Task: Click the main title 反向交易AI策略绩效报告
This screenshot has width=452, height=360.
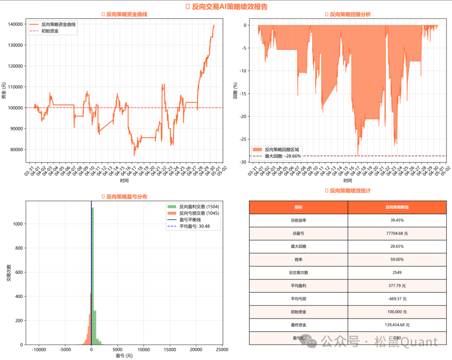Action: coord(229,6)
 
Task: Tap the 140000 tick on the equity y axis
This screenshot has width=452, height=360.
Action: coord(15,24)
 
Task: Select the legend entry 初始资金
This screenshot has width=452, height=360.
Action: coord(50,31)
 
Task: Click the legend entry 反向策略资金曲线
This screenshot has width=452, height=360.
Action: coord(59,24)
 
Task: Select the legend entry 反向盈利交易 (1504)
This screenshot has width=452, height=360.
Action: coord(199,206)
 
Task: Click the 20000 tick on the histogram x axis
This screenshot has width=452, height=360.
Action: coord(196,349)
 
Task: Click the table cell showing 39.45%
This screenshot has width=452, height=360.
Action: coord(397,220)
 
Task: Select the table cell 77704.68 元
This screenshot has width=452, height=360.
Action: coord(397,233)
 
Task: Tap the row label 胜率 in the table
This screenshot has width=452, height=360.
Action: coord(298,260)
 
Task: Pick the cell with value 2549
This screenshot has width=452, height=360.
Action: coord(397,273)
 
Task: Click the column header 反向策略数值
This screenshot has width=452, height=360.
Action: coord(397,207)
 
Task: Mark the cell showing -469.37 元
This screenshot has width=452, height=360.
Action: coord(397,299)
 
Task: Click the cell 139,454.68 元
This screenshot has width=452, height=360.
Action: coord(397,325)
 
